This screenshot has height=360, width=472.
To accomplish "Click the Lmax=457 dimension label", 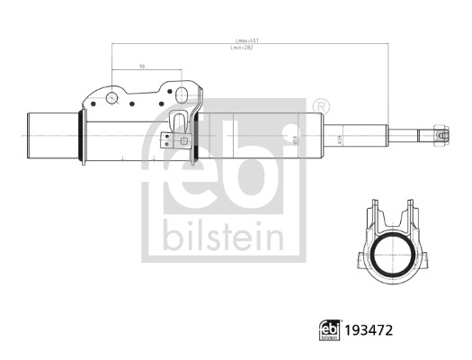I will [247, 41].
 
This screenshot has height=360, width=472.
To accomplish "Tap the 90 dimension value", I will [143, 67].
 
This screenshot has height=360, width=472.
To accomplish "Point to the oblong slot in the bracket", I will [183, 94].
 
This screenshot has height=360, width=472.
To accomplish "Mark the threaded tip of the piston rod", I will [441, 136].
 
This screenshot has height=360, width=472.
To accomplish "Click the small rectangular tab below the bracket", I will [165, 141].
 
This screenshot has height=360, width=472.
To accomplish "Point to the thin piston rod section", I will [409, 136].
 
